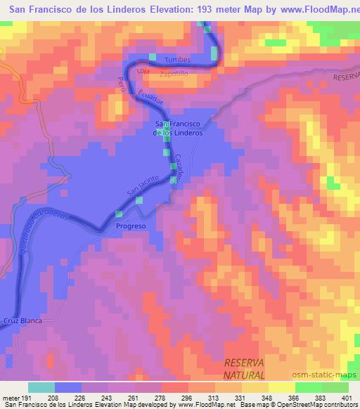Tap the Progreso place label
[131, 226]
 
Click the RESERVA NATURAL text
[244, 369]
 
